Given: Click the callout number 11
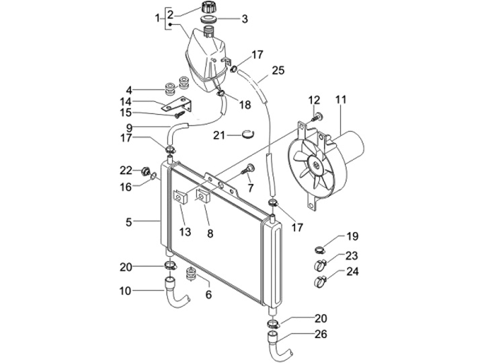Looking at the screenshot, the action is coord(341,100).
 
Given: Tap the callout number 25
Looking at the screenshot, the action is coord(278,70).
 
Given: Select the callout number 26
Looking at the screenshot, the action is coord(321,334).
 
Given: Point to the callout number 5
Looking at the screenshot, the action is coord(128,222).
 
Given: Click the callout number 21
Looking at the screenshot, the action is coord(219,135).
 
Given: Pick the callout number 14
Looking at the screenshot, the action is coord(126,101).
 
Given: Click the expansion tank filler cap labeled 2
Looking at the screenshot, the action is coord(210,7).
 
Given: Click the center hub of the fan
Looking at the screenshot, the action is coord(316,166).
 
